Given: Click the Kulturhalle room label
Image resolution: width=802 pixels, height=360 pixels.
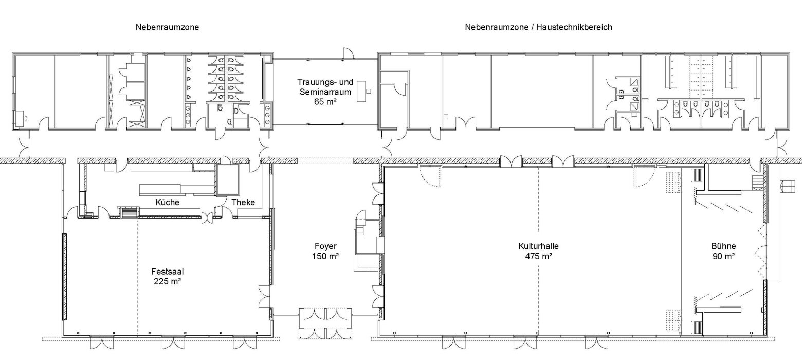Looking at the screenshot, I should (538, 246).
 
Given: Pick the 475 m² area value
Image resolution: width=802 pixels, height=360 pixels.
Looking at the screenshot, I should (538, 256).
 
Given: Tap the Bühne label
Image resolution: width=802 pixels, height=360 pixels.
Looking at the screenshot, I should (723, 246).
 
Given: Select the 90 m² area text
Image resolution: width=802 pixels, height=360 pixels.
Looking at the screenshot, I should (723, 256).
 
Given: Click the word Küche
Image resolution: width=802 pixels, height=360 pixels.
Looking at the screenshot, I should (167, 203).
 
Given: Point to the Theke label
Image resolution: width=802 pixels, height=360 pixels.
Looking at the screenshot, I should (243, 203).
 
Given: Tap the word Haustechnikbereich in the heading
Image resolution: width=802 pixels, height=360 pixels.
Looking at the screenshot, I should (574, 27).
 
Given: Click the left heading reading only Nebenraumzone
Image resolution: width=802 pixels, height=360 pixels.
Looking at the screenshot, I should (167, 27).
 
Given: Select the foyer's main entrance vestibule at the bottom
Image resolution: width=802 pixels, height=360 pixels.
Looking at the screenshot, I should (326, 323).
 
